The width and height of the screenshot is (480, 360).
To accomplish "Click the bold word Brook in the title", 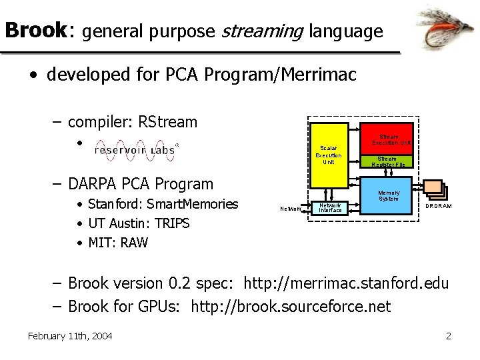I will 35,31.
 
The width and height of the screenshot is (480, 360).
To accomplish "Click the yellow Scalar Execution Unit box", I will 328,155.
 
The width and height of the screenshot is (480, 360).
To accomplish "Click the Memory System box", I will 389,195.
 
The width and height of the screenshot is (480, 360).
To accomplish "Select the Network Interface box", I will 330,208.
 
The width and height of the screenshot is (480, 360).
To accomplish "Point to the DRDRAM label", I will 439,207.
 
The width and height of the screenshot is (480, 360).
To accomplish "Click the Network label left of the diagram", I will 291,209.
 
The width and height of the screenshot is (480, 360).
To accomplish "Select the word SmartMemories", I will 193,204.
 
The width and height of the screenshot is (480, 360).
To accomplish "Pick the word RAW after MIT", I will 135,243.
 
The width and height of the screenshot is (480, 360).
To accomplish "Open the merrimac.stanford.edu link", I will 347,283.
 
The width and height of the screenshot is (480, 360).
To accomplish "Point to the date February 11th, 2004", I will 70,336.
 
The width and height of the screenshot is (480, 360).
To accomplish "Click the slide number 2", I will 449,336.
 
